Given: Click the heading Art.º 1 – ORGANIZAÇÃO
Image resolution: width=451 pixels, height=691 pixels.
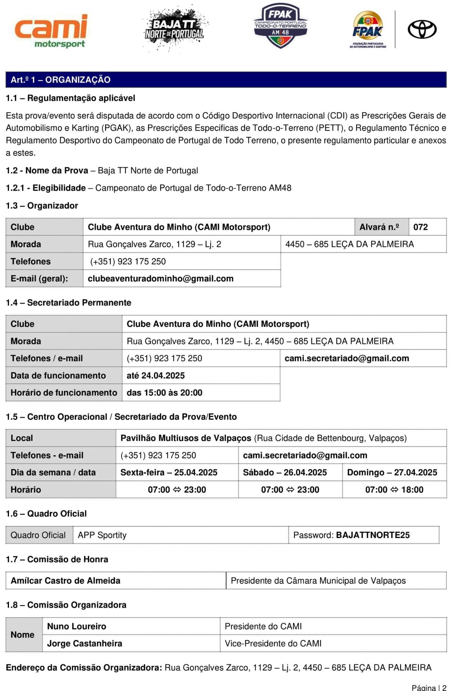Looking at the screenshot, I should tap(60, 80).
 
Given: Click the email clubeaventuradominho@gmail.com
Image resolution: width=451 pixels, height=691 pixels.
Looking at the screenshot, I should tap(161, 279).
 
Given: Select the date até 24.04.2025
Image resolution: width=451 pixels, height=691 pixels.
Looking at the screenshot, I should tap(155, 375).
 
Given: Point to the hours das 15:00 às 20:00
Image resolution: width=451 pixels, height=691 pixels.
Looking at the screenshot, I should tap(164, 393).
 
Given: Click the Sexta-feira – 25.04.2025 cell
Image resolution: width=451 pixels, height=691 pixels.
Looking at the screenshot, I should tap(169, 473).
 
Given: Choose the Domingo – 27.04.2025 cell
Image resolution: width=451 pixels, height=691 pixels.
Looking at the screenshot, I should tap(392, 473).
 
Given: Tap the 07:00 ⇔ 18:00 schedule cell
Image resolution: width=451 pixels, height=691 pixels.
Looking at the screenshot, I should tap(394, 490).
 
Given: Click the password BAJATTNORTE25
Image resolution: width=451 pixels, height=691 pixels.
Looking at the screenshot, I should tap(373, 535).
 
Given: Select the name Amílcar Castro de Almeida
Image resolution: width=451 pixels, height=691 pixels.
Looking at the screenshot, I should tap(66, 581).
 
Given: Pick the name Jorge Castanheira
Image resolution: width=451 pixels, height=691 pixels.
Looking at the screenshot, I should tap(85, 643).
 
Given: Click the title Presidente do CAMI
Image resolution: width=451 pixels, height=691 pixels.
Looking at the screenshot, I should tap(263, 626).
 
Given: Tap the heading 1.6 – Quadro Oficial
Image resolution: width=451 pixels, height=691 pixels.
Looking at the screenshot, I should tap(46, 514).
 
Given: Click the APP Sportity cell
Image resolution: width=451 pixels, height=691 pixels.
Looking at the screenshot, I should tap(102, 535).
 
